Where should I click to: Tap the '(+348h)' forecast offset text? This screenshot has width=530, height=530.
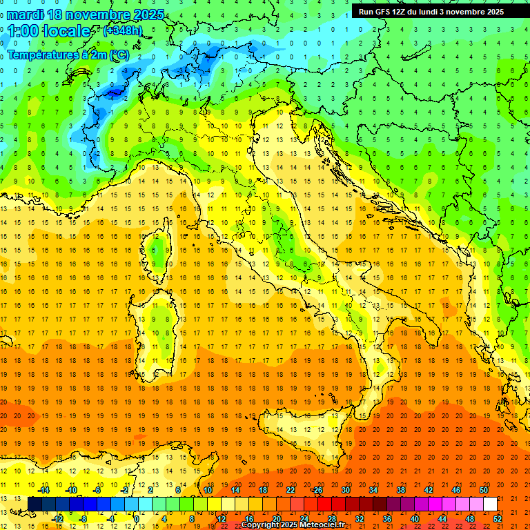[124, 30]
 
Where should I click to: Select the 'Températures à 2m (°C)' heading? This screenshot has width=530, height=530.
[68, 55]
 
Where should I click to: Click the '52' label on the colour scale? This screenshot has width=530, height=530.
[498, 518]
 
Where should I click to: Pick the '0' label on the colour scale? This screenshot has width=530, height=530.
[137, 518]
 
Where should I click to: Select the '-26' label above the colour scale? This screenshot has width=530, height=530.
[317, 490]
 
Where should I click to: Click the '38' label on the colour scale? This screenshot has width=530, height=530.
[400, 490]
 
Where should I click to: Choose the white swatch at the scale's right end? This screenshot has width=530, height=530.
[490, 504]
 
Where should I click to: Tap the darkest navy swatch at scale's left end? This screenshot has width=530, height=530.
[35, 504]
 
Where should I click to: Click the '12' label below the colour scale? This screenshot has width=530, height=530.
[222, 518]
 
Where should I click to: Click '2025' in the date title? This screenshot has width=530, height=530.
[148, 14]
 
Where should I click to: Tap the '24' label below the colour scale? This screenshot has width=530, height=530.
[304, 518]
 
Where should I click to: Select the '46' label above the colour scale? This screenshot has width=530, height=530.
[455, 490]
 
